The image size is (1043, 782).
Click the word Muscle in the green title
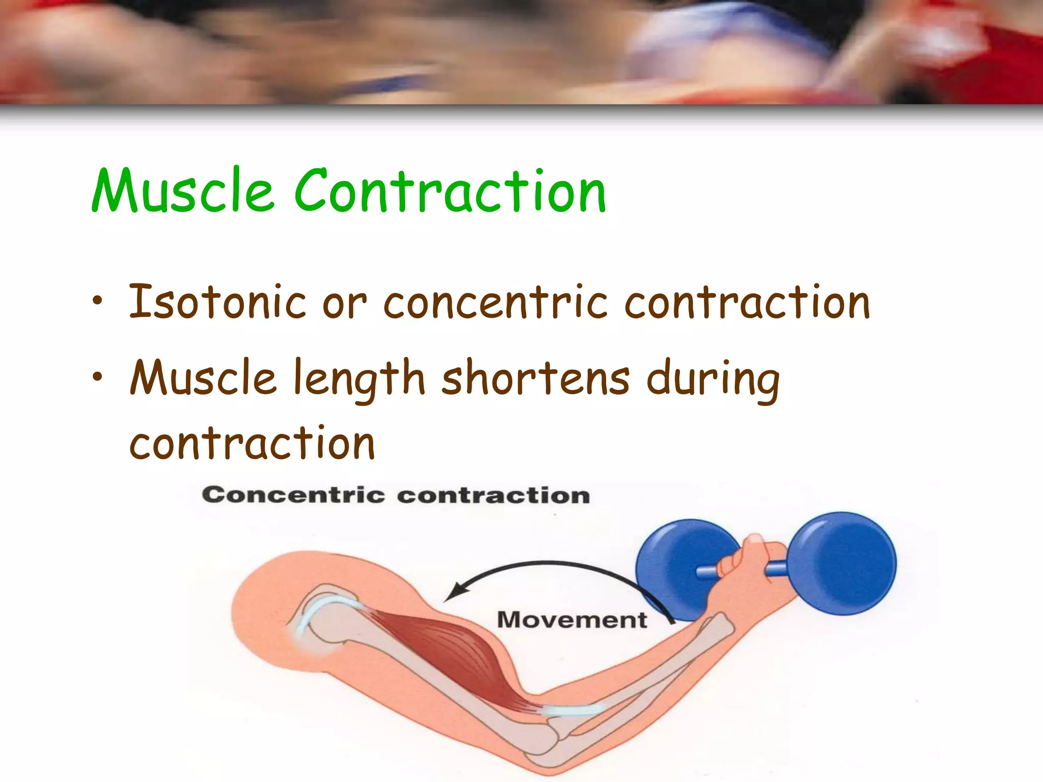(183, 191)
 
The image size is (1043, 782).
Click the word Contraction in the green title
(450, 191)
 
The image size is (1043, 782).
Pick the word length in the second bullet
(359, 379)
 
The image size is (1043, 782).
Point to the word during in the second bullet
(712, 379)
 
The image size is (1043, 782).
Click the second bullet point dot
(97, 377)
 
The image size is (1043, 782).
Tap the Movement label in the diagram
(571, 620)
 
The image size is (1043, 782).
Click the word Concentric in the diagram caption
(293, 495)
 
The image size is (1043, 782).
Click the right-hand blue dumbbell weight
(843, 563)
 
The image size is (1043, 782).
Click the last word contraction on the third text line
(252, 443)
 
